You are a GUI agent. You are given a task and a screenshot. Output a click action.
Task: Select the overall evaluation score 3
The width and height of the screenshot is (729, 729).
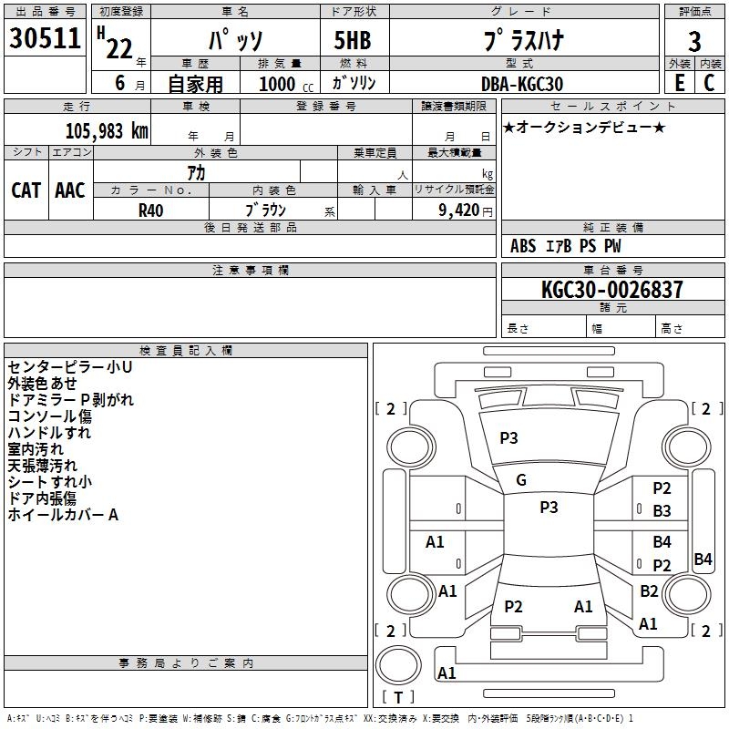pyautogui.click(x=694, y=42)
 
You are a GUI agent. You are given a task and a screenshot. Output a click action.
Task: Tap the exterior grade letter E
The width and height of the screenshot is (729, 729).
pyautogui.click(x=679, y=83)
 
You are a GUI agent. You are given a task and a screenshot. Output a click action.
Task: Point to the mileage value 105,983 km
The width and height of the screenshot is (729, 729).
pyautogui.click(x=106, y=130)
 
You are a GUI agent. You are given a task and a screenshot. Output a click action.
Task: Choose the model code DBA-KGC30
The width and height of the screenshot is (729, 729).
pyautogui.click(x=522, y=84)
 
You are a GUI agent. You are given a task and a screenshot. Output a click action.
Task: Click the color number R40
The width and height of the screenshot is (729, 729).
pyautogui.click(x=151, y=210)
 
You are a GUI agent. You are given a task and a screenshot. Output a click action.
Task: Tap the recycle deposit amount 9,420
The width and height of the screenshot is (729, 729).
pyautogui.click(x=457, y=210)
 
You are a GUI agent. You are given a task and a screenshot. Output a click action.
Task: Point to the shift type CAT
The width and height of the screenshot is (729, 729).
pyautogui.click(x=26, y=190)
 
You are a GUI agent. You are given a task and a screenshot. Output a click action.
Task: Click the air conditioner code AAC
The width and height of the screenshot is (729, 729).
pyautogui.click(x=70, y=190)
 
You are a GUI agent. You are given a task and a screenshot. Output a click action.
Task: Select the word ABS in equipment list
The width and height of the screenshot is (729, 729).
pyautogui.click(x=523, y=246)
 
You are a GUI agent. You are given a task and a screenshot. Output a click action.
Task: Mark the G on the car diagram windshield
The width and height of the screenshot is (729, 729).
pyautogui.click(x=521, y=480)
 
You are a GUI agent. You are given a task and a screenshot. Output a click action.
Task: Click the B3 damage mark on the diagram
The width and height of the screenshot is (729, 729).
pyautogui.click(x=662, y=511)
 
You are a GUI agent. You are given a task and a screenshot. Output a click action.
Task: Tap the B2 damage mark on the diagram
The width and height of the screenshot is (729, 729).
pyautogui.click(x=649, y=590)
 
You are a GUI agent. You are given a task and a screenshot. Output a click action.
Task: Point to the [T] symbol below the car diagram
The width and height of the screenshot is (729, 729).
pyautogui.click(x=397, y=698)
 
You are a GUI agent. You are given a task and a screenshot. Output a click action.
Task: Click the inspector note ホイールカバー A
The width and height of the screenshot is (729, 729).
pyautogui.click(x=63, y=515)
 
